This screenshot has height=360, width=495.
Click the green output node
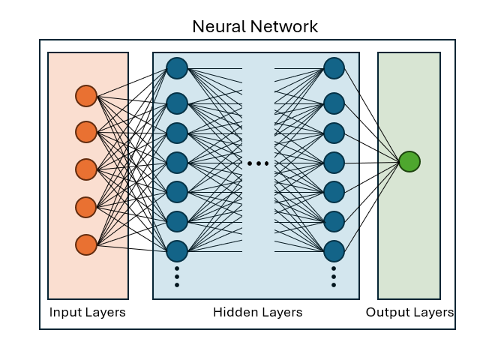click(x=409, y=161)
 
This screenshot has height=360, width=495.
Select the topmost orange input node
click(x=86, y=96)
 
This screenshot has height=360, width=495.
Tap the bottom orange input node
click(x=86, y=244)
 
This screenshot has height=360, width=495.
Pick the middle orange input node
click(x=86, y=169)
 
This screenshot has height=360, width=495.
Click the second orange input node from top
click(x=86, y=132)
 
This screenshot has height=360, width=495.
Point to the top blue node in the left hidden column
click(x=177, y=68)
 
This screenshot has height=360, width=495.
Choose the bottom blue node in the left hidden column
click(x=177, y=250)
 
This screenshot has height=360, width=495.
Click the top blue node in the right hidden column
click(x=334, y=68)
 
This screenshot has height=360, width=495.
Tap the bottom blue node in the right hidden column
click(x=334, y=250)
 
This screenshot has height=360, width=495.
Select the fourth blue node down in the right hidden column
click(x=334, y=161)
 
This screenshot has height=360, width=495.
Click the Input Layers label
click(x=88, y=312)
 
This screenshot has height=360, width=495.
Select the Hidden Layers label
click(x=258, y=312)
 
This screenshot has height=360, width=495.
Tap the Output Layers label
click(x=409, y=312)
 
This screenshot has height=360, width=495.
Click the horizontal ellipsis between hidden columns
click(x=258, y=163)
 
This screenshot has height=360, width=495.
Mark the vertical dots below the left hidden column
click(x=177, y=276)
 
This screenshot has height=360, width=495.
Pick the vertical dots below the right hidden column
click(x=334, y=276)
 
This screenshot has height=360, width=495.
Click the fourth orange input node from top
click(x=86, y=206)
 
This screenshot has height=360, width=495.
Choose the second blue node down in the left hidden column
click(x=177, y=103)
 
